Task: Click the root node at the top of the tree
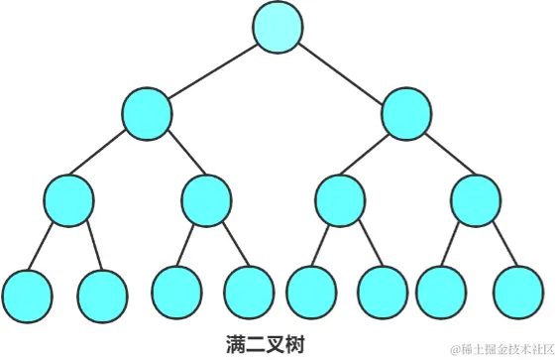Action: (x=278, y=28)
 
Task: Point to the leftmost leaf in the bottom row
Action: (x=27, y=294)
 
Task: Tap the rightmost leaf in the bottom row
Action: (x=517, y=294)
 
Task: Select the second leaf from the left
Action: (x=101, y=294)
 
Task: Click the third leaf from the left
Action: (x=176, y=292)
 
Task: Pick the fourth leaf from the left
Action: (x=249, y=292)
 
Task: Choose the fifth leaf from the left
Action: (x=311, y=294)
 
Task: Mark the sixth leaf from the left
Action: (x=383, y=294)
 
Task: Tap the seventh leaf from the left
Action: (x=442, y=294)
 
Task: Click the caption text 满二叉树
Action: (x=264, y=344)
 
